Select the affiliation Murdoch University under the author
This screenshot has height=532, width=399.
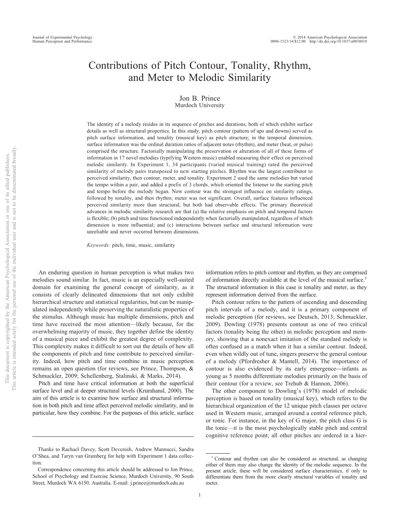(199, 105)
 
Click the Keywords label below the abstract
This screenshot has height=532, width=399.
(99, 245)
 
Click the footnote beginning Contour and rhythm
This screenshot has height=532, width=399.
(286, 471)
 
